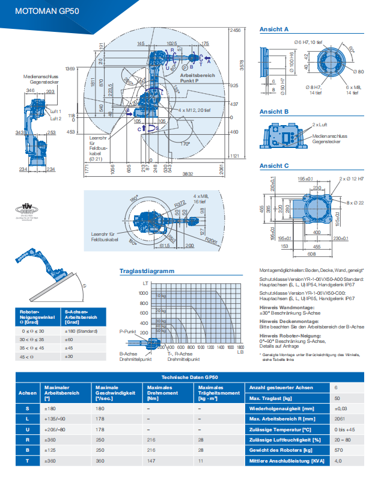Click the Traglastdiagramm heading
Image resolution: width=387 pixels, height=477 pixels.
147,271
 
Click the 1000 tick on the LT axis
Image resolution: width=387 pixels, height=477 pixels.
143,292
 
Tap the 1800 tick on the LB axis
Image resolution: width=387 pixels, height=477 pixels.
240,348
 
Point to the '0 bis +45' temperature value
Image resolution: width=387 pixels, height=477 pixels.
345,429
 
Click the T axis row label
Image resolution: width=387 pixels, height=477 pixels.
26,461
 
